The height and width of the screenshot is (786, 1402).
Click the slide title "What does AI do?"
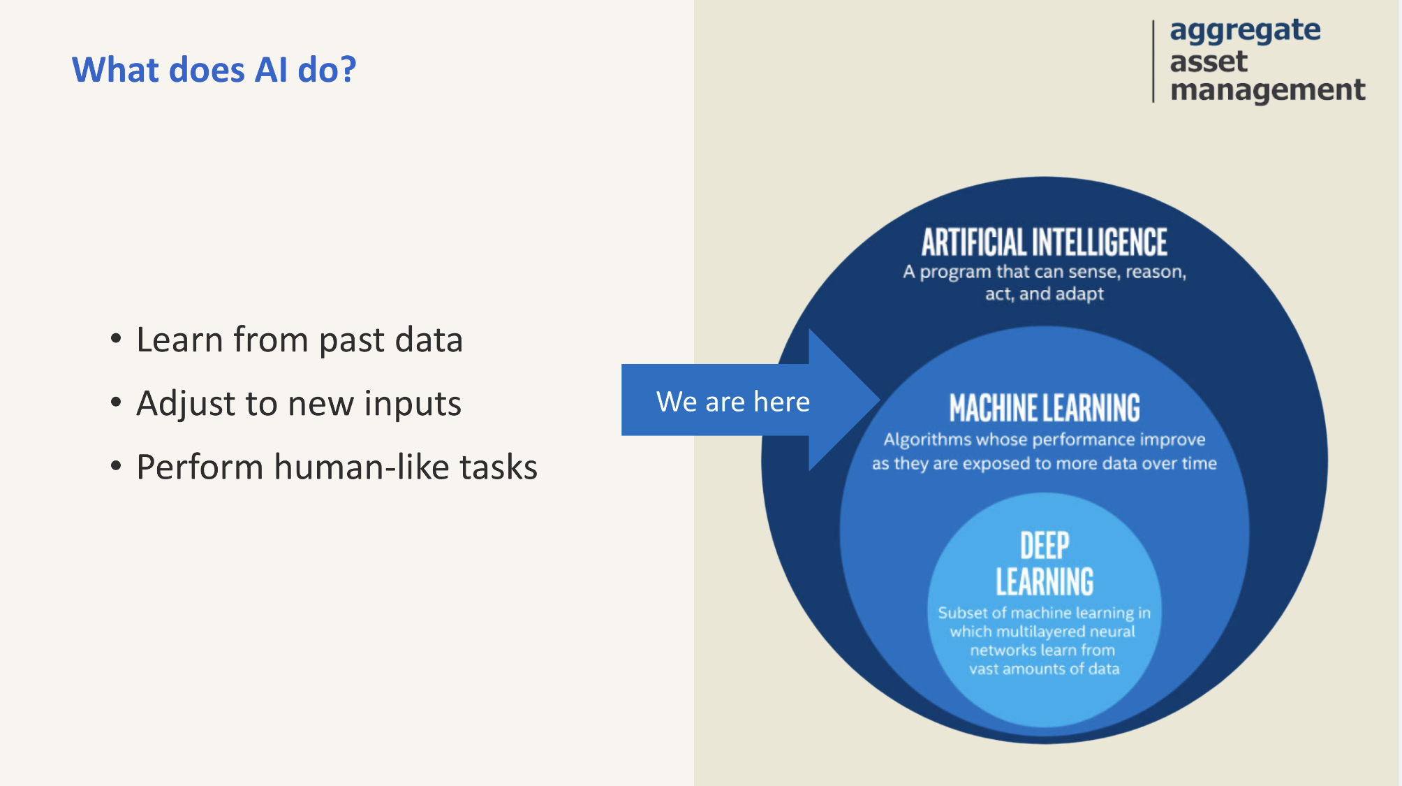[x=214, y=70]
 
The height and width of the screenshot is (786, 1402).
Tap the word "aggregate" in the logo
[x=1245, y=31]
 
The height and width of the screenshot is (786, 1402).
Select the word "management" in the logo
[x=1267, y=89]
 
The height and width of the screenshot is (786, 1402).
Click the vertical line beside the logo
[x=1153, y=61]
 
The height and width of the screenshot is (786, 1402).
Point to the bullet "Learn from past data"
[x=299, y=340]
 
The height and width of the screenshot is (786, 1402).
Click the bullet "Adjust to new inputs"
[x=298, y=404]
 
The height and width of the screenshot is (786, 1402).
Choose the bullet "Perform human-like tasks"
[x=337, y=467]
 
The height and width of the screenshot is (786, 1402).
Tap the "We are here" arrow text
[x=732, y=402]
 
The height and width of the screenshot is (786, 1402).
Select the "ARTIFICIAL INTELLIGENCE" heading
[x=1044, y=242]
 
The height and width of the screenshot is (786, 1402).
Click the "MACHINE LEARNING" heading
[x=1044, y=408]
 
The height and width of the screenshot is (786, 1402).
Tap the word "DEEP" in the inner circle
[x=1044, y=546]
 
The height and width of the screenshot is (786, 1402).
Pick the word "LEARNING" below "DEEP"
[x=1044, y=582]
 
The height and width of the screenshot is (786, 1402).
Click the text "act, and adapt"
[x=1044, y=294]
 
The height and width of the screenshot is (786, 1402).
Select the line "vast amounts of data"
[x=1044, y=669]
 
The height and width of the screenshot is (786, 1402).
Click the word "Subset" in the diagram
[x=962, y=613]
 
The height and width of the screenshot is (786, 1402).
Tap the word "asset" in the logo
[x=1208, y=61]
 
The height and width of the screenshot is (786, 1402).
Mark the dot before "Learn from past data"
[x=116, y=339]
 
